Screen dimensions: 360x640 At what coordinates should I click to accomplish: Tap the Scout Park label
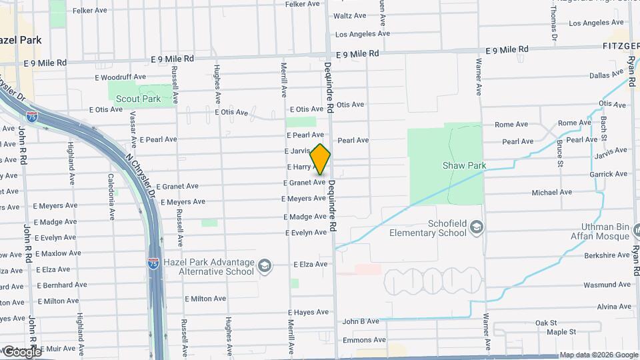tap(138, 99)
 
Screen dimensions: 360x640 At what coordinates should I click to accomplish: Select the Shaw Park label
tap(463, 165)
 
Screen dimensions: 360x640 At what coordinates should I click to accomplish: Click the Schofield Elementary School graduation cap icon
tap(476, 228)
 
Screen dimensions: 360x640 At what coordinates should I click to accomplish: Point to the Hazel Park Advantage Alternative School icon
tap(265, 267)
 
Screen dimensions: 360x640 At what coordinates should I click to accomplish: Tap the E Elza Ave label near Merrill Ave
tap(311, 264)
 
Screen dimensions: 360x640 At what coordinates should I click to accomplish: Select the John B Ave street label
tap(361, 321)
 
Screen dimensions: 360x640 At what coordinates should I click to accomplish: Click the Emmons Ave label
tap(364, 340)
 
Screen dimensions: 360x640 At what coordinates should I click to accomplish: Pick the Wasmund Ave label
tap(607, 285)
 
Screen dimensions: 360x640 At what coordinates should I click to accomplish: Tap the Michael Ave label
tap(551, 193)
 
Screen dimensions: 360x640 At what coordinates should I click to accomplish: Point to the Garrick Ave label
tap(608, 174)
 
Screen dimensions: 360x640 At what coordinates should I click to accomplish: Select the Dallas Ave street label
tap(605, 75)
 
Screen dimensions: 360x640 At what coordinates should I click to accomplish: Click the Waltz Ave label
tap(350, 16)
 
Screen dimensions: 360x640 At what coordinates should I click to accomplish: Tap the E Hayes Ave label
tap(309, 312)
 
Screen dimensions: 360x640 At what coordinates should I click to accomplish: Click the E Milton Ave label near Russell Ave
tap(205, 299)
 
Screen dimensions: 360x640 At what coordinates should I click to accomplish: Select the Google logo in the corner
tap(22, 351)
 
